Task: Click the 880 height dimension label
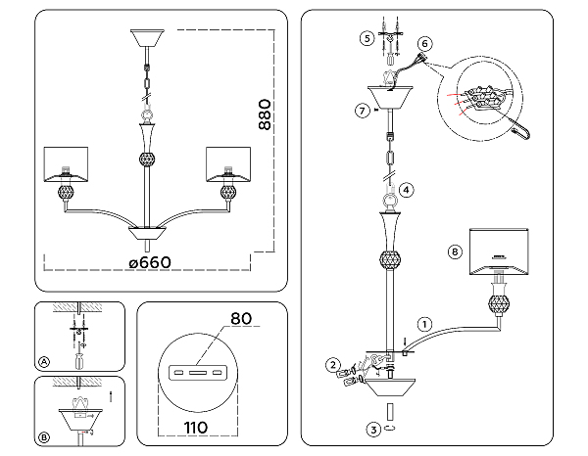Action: coord(265,114)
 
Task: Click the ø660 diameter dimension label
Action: coord(150,262)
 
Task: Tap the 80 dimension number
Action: coord(241,319)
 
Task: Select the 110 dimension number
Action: coord(196,428)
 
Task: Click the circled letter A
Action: coord(44,362)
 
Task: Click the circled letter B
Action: coord(44,437)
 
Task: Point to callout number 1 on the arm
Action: coord(424,324)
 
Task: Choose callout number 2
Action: coord(333,365)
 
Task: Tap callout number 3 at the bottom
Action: coord(373,430)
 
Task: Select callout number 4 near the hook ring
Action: coord(407,190)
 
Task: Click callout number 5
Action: coord(367,38)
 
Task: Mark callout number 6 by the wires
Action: coord(424,43)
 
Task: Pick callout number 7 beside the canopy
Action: coord(362,111)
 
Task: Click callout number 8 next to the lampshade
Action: coord(455,251)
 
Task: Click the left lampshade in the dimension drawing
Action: coord(66,164)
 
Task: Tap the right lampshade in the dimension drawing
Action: coord(228,164)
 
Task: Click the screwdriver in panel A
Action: coord(78,360)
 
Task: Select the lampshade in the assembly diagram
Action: coord(499,251)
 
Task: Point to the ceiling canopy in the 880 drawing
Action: coord(147,38)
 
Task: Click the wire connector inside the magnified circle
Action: coord(482,98)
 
